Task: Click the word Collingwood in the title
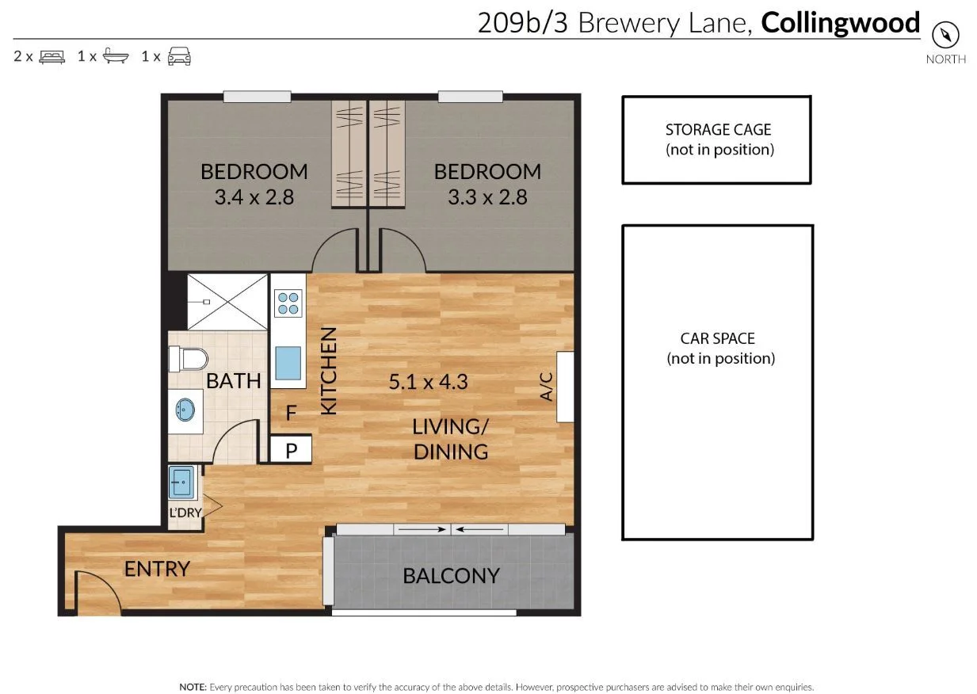point(840,22)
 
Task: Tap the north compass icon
point(945,35)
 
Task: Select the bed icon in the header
point(52,56)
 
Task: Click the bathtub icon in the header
point(115,56)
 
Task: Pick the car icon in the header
point(178,56)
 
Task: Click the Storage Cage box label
point(718,139)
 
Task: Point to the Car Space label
point(718,348)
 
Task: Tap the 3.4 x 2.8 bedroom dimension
point(254,196)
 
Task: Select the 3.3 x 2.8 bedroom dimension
point(487,196)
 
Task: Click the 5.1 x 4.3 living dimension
point(428,382)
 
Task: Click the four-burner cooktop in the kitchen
point(288,303)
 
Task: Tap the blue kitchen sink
point(288,364)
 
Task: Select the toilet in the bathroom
point(188,359)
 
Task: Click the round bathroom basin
point(185,410)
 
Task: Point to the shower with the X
point(227,301)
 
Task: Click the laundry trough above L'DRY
point(181,482)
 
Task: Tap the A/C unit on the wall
point(564,387)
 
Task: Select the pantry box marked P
point(291,450)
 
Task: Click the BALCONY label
point(451,575)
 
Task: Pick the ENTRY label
point(157,568)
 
